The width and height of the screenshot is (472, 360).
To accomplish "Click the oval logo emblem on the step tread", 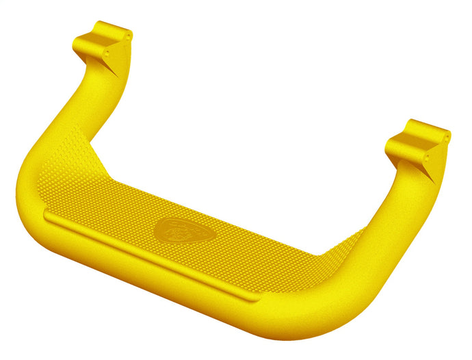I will coord(185,231).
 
